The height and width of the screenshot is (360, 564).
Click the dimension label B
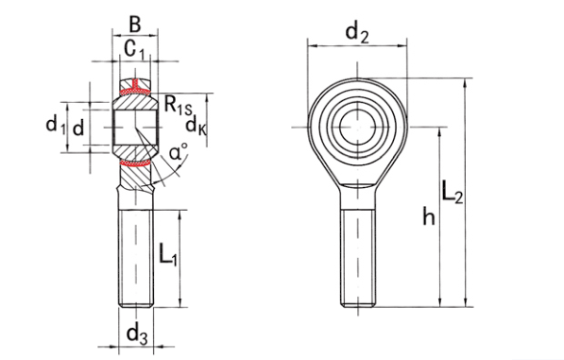[134, 25]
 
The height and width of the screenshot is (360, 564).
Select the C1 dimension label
[135, 50]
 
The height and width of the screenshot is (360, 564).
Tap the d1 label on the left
[56, 126]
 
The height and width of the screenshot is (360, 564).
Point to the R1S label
[178, 105]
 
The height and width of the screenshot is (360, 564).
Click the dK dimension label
[197, 126]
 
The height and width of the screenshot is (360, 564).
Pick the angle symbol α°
[179, 151]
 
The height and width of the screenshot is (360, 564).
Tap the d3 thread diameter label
[137, 334]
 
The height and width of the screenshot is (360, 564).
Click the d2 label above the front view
[357, 33]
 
